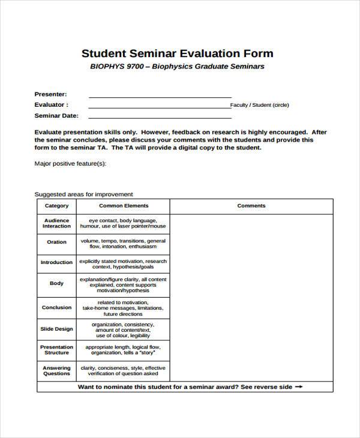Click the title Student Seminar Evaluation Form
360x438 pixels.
(177, 53)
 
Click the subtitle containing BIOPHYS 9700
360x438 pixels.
(177, 67)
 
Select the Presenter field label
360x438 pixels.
(50, 94)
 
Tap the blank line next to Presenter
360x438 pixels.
(160, 95)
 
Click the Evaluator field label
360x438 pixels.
(50, 104)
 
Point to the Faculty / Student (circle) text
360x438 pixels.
(260, 105)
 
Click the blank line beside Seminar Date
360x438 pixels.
(160, 116)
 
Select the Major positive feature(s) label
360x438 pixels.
(70, 163)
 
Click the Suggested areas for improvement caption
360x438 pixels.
(83, 194)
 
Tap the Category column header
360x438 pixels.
(57, 206)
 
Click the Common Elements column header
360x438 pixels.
(123, 206)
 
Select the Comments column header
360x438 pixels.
(251, 206)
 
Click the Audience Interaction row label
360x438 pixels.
(57, 223)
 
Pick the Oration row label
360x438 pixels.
(57, 242)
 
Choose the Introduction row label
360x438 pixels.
(57, 262)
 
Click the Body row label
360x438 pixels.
(57, 283)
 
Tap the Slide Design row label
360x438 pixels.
(57, 329)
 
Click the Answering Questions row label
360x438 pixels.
(57, 371)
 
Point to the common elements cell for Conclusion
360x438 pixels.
(123, 308)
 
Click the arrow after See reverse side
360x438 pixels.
(299, 387)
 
